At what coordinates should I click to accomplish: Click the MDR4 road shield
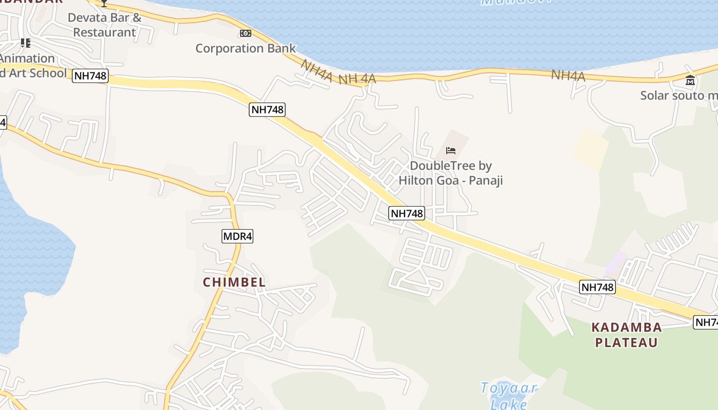237,236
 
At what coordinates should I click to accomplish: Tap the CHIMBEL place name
234,282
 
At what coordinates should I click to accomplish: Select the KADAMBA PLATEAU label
626,335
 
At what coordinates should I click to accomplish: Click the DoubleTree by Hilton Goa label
450,173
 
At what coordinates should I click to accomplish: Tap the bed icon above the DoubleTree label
451,150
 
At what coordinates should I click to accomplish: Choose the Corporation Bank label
245,49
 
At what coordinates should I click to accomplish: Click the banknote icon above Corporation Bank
246,33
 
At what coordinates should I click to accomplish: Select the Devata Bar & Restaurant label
105,25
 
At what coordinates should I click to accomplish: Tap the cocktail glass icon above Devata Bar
104,3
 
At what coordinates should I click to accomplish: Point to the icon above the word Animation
25,43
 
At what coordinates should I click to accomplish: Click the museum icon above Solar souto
690,80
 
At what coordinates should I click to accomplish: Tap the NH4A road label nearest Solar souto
568,76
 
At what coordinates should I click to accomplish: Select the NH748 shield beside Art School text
90,76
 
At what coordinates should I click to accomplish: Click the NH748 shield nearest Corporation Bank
267,109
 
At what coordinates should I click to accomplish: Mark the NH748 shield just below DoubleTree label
407,213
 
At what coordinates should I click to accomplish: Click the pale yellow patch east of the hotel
590,150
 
